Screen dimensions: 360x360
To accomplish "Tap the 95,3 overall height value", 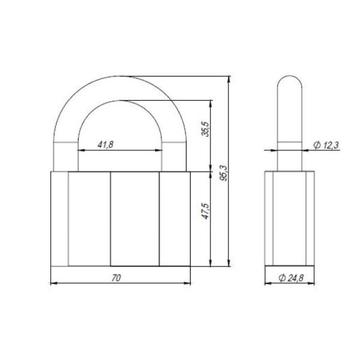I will pos(224,173).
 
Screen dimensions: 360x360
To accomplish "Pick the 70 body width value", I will pos(117,277).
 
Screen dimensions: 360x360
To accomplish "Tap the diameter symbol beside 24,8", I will pos(281,277).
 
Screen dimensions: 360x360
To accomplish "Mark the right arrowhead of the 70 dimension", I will pos(188,283).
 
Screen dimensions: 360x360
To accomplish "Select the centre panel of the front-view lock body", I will pos(134,219).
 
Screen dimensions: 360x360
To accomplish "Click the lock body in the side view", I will pos(289,219).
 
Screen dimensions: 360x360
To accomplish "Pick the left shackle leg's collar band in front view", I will pos(65,145).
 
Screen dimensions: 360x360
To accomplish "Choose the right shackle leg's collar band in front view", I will pos(173,145).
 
